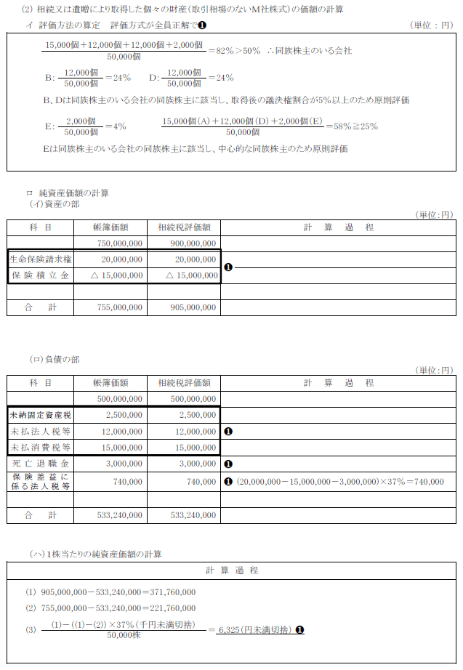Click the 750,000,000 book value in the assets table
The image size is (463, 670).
click(x=119, y=243)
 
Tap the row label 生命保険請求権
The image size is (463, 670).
click(x=41, y=259)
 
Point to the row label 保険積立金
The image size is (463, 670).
click(x=41, y=275)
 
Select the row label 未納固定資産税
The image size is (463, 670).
click(x=41, y=415)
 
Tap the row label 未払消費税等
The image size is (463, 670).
click(x=41, y=447)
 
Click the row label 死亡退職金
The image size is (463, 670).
click(x=41, y=464)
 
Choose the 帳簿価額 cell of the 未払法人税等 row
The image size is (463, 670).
click(x=119, y=431)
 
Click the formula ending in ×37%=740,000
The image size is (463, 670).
click(x=340, y=482)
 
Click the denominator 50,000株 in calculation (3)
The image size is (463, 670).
click(x=123, y=637)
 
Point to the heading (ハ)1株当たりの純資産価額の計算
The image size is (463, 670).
click(x=95, y=554)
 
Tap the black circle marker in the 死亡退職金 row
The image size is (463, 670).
click(x=228, y=464)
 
